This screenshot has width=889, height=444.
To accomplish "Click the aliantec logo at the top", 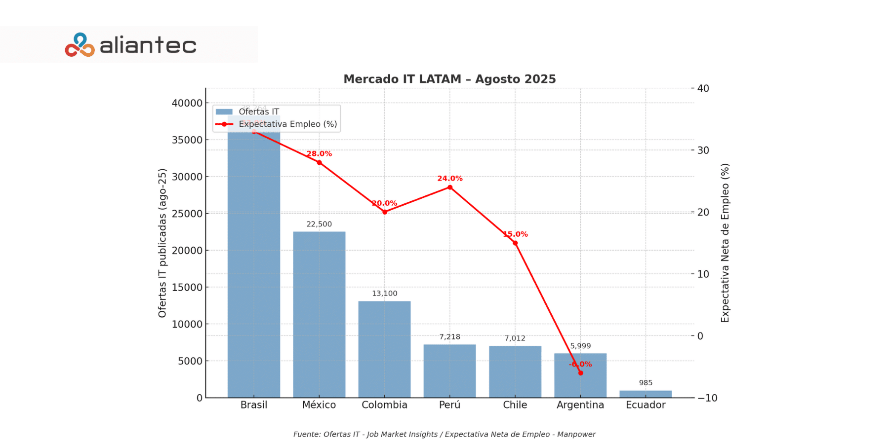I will click(131, 45).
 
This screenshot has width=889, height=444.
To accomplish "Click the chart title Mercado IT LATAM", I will click(449, 79).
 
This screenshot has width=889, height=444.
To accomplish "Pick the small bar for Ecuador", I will click(646, 394).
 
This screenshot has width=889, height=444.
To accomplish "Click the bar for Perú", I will click(449, 370).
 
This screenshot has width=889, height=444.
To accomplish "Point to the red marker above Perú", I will click(450, 187).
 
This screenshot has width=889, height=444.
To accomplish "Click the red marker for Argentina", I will click(580, 373).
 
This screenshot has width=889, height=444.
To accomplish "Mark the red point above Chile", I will click(515, 243).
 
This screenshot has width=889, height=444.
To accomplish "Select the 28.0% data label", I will click(319, 154).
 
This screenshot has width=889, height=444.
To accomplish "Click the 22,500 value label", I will click(319, 224).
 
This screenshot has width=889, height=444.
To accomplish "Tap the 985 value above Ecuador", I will click(646, 383).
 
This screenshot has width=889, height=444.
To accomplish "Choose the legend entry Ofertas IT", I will click(259, 112).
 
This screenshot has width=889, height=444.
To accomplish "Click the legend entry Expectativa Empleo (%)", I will click(287, 124).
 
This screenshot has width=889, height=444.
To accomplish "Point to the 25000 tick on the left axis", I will click(187, 214).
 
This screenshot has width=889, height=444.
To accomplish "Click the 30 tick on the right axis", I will click(703, 150).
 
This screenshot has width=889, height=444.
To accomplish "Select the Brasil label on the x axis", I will click(254, 405).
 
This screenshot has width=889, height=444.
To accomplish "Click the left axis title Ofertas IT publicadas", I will click(162, 243).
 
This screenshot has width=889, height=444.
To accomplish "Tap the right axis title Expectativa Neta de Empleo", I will click(725, 243).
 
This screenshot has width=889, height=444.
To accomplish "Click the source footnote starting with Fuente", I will click(444, 434).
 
